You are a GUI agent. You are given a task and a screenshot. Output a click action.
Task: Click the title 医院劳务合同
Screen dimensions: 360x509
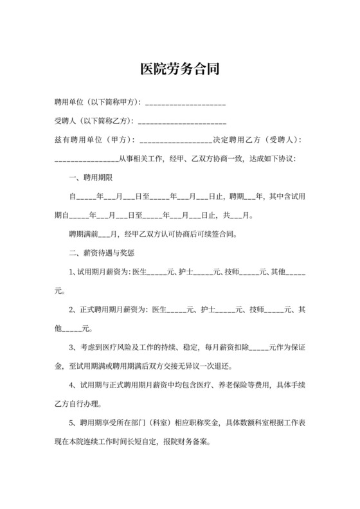(x=180, y=68)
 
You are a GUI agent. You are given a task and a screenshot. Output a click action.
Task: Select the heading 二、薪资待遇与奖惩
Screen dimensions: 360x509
(x=102, y=253)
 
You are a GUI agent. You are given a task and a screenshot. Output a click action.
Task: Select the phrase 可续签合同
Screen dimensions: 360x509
(x=214, y=234)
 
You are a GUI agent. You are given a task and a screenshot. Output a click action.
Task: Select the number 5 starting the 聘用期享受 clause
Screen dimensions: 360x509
(x=71, y=424)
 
